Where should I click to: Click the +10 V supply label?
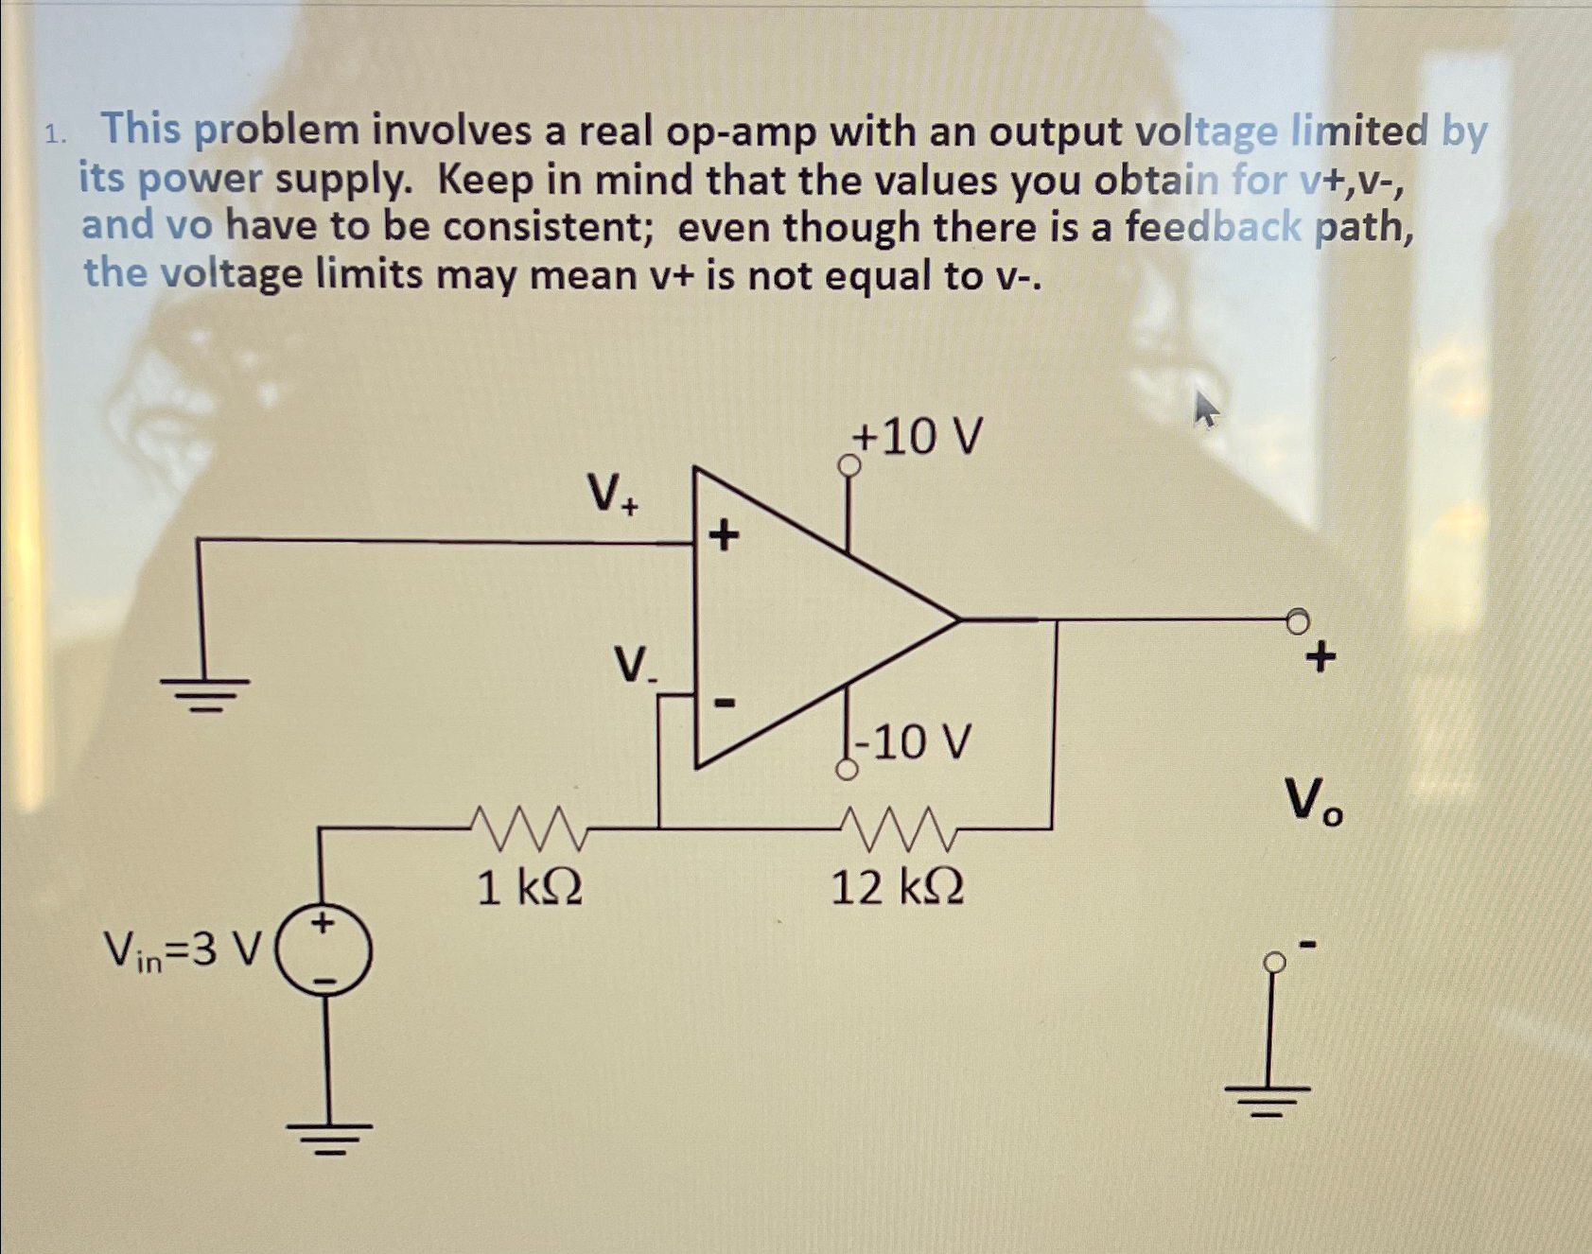point(917,437)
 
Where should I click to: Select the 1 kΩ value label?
point(529,888)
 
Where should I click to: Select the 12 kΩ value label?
point(897,888)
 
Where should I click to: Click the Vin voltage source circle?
point(324,951)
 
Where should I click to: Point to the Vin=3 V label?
point(183,949)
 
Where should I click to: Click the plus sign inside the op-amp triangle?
point(724,536)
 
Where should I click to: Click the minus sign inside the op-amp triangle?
point(724,703)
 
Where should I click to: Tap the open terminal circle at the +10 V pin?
point(849,465)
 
